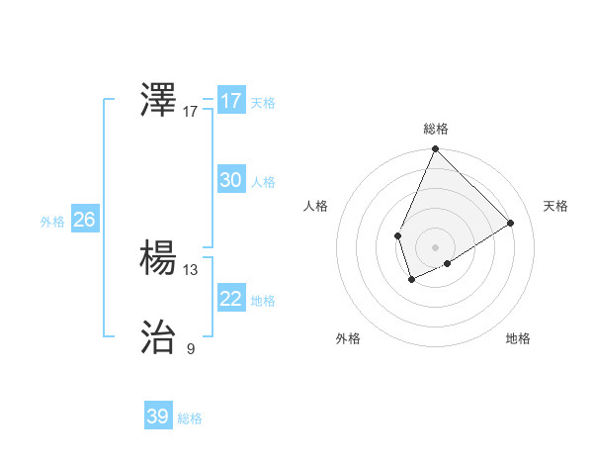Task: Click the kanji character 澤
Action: click(x=159, y=100)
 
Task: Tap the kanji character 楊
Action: click(x=159, y=258)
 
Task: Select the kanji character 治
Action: click(x=159, y=337)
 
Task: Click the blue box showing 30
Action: click(x=230, y=180)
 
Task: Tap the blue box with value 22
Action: click(x=230, y=299)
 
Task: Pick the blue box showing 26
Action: click(x=84, y=220)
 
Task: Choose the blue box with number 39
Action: click(x=157, y=417)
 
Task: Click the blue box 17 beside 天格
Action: click(x=230, y=101)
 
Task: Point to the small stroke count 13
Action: click(x=191, y=269)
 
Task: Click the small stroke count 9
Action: click(x=191, y=348)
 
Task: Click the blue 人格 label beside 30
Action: click(x=263, y=182)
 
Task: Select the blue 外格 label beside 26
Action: click(x=52, y=222)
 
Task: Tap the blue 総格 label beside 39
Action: click(x=190, y=418)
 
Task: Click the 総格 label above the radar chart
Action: click(x=436, y=129)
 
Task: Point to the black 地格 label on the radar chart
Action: click(x=518, y=338)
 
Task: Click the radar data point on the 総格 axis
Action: click(x=435, y=149)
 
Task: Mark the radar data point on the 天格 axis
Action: click(x=511, y=224)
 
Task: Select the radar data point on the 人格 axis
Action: click(x=397, y=235)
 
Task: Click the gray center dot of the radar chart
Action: click(x=435, y=247)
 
